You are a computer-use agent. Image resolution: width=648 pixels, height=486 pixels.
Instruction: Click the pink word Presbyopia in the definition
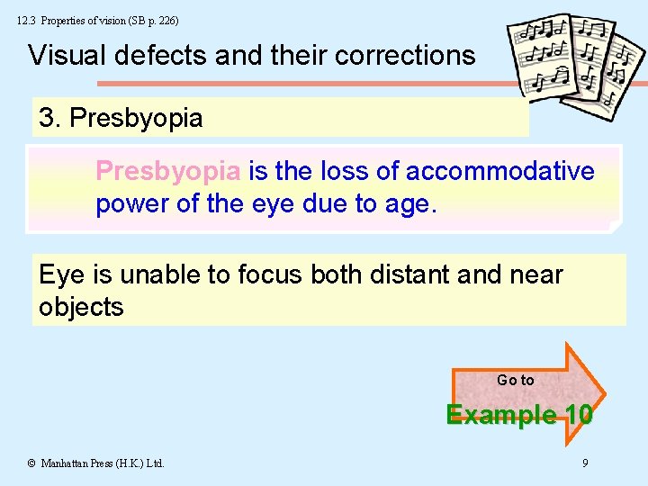pyautogui.click(x=167, y=171)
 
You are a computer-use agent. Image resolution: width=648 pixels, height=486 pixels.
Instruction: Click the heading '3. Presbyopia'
pyautogui.click(x=121, y=118)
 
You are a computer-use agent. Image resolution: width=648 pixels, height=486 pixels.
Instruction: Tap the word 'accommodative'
pyautogui.click(x=499, y=171)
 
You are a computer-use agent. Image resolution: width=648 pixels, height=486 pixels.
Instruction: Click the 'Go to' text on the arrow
pyautogui.click(x=515, y=380)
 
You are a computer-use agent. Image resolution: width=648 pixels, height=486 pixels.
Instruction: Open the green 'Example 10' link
pyautogui.click(x=519, y=415)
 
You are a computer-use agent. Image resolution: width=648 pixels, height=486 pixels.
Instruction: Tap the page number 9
pyautogui.click(x=585, y=463)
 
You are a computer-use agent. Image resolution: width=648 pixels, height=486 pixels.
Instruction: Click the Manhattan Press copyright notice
pyautogui.click(x=95, y=463)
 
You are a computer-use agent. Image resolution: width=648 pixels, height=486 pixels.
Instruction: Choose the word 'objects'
pyautogui.click(x=81, y=307)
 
